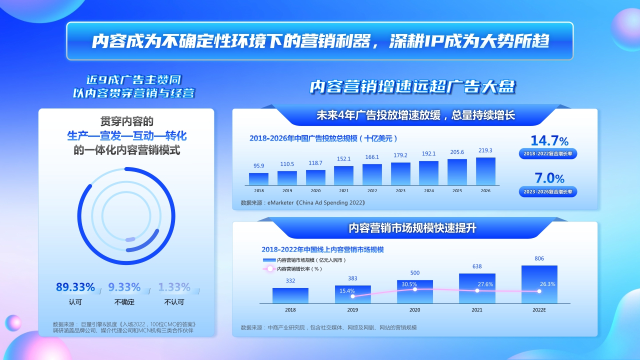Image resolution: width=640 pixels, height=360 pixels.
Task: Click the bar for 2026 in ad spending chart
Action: coord(485,171)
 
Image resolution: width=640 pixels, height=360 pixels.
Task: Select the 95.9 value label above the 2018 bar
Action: coord(258,166)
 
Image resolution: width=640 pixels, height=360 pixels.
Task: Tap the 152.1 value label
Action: coord(343,159)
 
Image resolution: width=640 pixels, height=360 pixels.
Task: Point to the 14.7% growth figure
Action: coord(549,140)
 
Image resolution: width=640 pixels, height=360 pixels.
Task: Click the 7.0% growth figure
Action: coord(549,178)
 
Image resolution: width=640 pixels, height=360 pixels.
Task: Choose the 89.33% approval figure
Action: coord(75,287)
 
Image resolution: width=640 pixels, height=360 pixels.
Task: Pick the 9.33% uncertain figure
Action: coord(124,287)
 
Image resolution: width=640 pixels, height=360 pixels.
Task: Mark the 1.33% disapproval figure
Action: coord(174,287)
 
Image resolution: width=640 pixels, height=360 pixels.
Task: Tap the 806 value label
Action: coord(539,258)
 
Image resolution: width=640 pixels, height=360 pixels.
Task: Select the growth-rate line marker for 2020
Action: coord(415,289)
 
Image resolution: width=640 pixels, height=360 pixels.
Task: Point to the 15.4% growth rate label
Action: coord(347,291)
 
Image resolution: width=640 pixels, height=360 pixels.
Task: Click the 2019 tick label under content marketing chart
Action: coord(352,310)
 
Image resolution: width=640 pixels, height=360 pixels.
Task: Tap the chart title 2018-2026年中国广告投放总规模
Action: coord(323,138)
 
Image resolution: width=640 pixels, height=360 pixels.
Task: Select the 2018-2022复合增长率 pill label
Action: coord(547,154)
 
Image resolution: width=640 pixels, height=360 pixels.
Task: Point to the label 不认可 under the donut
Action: coord(174,302)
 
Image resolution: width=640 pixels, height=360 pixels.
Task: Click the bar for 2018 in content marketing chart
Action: coord(290,295)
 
